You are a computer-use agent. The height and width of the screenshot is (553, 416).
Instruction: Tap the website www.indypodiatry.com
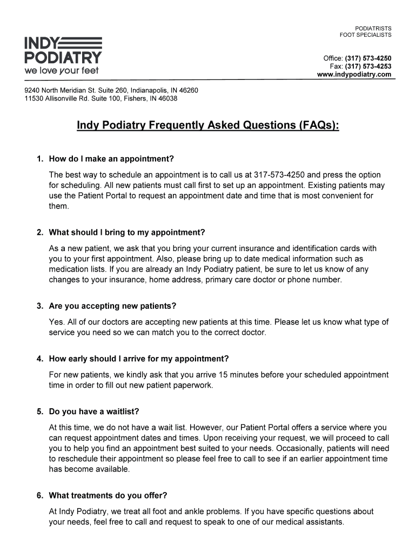(x=354, y=75)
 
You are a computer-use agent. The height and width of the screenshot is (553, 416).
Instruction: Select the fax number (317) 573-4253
(x=368, y=66)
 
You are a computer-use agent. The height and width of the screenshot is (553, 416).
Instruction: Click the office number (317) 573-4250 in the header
(x=368, y=58)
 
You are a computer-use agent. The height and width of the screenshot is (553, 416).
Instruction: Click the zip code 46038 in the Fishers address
(x=167, y=99)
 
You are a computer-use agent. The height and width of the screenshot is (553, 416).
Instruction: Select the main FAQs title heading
(x=208, y=126)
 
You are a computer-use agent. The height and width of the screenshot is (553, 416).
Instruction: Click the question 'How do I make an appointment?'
(x=111, y=159)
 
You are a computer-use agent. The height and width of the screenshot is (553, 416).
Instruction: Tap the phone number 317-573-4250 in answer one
(x=279, y=175)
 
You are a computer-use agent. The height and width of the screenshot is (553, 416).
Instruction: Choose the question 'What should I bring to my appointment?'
(x=127, y=233)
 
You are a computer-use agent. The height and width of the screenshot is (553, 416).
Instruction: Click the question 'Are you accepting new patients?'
(x=112, y=306)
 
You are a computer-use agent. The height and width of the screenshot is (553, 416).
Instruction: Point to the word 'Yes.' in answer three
(x=56, y=322)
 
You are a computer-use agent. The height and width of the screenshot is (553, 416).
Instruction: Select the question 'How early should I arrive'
(x=139, y=359)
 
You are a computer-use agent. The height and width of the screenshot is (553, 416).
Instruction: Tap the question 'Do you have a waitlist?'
(x=94, y=412)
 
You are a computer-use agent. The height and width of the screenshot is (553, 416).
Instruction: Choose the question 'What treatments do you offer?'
(x=108, y=495)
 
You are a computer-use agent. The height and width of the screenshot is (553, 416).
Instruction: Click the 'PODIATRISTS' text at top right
(x=373, y=28)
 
